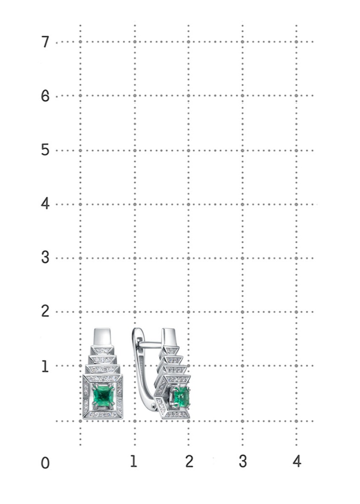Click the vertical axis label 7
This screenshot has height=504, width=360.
click(x=45, y=42)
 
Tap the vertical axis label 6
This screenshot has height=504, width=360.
click(x=45, y=97)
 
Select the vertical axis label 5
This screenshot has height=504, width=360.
click(x=45, y=150)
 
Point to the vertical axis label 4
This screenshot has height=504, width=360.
click(x=45, y=204)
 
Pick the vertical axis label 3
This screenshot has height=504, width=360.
click(x=45, y=258)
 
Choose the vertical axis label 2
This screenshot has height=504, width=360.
click(x=45, y=312)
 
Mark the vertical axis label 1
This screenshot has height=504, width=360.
click(x=45, y=366)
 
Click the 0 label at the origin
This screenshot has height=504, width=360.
click(x=45, y=463)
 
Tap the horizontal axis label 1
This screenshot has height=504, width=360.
click(x=134, y=461)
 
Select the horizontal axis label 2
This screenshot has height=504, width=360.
click(x=189, y=461)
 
